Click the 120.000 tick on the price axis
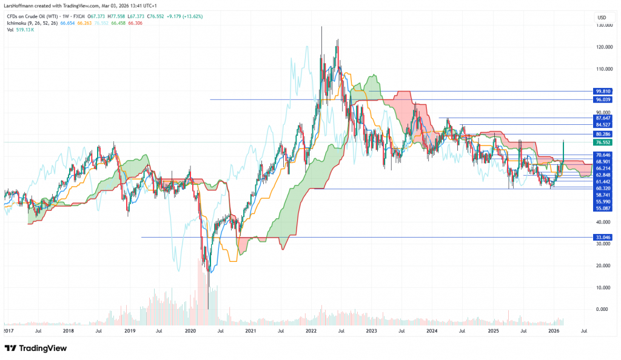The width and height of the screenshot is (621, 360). point(602,47)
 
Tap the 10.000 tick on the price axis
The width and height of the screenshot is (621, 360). point(602,287)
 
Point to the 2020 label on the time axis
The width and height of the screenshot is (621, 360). point(190,332)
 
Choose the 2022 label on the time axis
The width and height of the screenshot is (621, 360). point(311,332)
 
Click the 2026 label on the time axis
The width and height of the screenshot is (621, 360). point(553,332)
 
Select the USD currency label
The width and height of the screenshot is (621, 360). point(602,18)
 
